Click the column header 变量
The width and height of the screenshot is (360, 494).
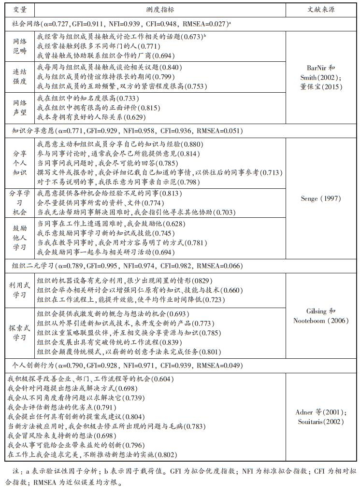pos(20,10)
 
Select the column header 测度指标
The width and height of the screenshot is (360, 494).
pos(160,10)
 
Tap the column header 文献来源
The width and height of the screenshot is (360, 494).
pos(321,10)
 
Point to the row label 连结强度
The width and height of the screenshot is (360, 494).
pos(20,77)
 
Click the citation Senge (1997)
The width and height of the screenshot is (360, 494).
pos(321,198)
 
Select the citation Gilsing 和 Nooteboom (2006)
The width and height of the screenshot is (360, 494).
pos(321,316)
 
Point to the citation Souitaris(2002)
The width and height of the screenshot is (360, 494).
pos(321,422)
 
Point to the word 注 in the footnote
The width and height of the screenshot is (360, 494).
pos(14,471)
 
